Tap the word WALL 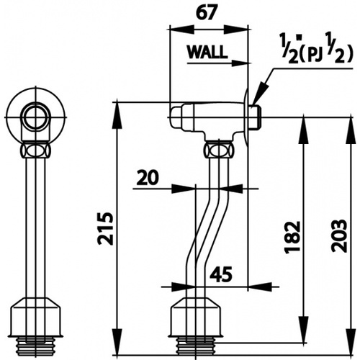(207, 53)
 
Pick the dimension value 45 (220, 274)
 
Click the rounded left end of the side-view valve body (175, 115)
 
